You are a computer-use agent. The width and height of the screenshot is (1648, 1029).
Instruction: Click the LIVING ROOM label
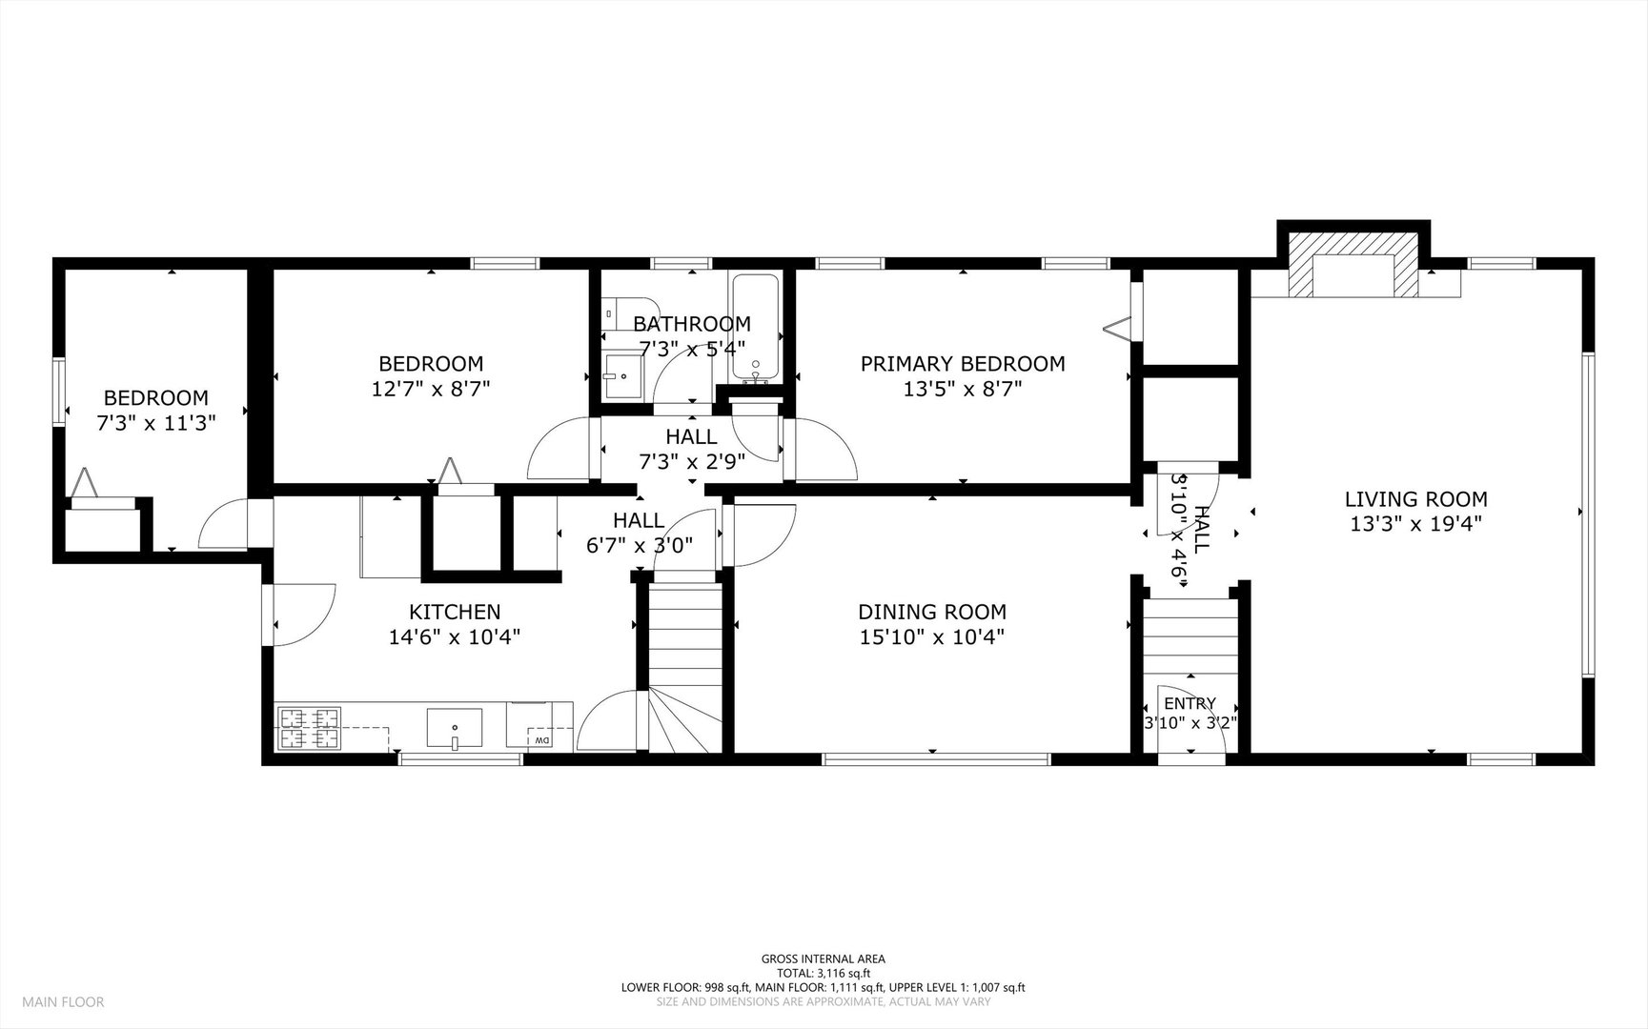pos(1415,498)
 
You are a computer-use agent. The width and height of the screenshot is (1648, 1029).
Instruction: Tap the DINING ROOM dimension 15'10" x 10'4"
pos(931,636)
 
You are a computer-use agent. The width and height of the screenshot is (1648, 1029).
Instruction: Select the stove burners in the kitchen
pos(309,727)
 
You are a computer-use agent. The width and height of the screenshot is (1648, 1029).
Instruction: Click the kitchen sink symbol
pos(455,729)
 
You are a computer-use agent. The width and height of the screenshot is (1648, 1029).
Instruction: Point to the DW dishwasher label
pos(541,740)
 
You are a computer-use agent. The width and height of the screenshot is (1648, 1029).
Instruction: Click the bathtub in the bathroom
pos(756,327)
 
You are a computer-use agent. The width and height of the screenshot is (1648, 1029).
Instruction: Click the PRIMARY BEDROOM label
pos(963,363)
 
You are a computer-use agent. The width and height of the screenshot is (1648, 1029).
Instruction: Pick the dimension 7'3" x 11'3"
pos(156,423)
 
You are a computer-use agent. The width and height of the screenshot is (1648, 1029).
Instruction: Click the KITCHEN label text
pos(455,612)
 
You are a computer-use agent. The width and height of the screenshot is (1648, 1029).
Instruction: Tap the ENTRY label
pos(1190,704)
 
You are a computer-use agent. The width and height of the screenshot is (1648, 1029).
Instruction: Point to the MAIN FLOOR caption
pos(63,1001)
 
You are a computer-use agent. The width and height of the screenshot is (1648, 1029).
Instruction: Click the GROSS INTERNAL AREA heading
pos(824,958)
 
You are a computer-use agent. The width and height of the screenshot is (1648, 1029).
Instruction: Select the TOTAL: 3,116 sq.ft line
pos(824,973)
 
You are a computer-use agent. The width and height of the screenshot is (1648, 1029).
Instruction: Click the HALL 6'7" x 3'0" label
pos(639,533)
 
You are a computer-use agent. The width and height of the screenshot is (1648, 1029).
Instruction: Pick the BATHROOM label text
pos(692,324)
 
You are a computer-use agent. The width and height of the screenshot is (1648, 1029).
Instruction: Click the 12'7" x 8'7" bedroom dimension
pos(431,389)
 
